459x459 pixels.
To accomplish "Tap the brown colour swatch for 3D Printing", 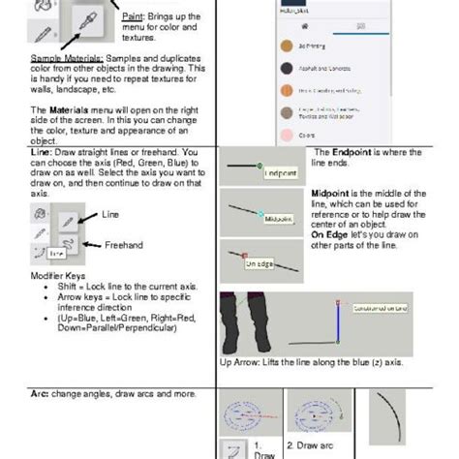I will tap(286, 46).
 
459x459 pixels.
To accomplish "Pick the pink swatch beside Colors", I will tap(286, 135).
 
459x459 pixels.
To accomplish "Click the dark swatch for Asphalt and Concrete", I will tap(286, 68).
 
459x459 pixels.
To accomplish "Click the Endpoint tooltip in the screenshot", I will tap(279, 173).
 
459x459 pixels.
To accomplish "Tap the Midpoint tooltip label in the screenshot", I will tap(279, 219).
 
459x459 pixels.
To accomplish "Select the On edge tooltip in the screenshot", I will tap(259, 262).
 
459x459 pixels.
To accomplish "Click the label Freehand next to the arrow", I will tap(124, 245).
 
